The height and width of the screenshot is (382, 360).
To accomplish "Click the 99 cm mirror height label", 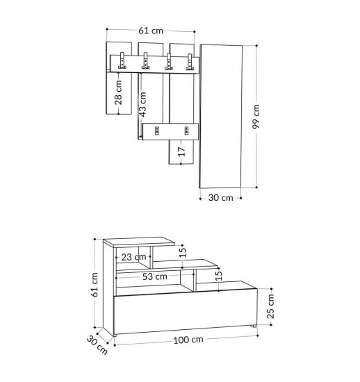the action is [x=256, y=117].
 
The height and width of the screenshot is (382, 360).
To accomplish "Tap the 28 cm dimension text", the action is [x=118, y=92].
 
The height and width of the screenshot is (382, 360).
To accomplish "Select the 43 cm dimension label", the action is [x=142, y=104].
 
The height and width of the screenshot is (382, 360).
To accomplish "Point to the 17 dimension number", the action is [x=182, y=151].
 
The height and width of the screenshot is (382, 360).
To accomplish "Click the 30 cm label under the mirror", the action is [x=221, y=197].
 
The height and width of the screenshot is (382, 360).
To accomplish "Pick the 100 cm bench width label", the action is [x=188, y=340].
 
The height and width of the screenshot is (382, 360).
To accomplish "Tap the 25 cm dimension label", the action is [x=270, y=306].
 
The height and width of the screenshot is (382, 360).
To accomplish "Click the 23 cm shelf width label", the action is [x=134, y=257].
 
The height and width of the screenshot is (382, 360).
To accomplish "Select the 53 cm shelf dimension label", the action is [x=155, y=276].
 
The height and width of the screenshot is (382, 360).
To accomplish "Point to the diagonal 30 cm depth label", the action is [x=97, y=345].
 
